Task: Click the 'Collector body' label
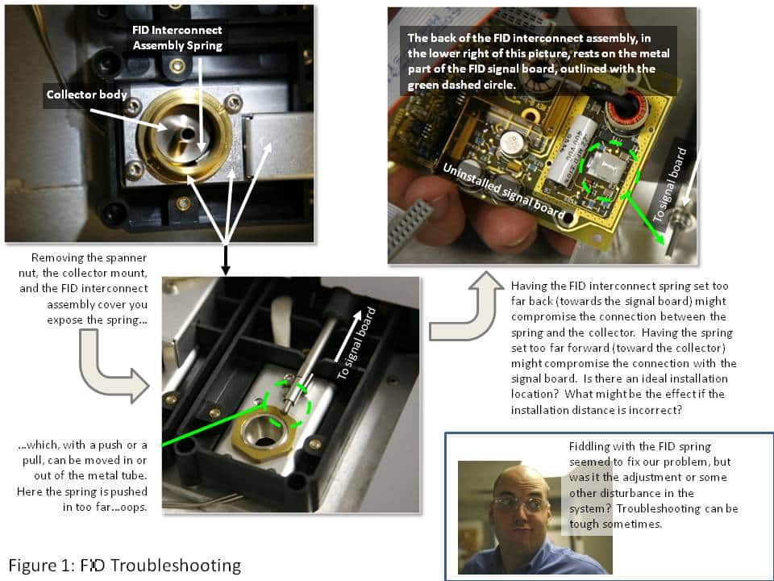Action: click(87, 94)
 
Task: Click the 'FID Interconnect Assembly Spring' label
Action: click(177, 38)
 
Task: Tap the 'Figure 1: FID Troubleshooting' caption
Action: click(125, 564)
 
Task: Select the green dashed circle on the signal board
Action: click(610, 170)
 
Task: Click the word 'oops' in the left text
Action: click(131, 507)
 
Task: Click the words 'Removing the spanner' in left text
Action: click(89, 258)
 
